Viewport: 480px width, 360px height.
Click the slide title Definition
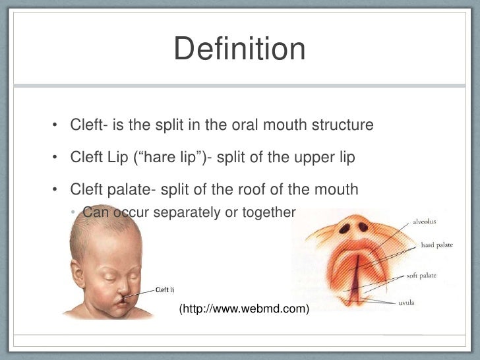[239, 50]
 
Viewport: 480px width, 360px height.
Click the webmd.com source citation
[244, 307]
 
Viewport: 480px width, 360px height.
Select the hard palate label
[436, 245]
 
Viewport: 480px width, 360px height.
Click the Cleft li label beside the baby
[164, 289]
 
